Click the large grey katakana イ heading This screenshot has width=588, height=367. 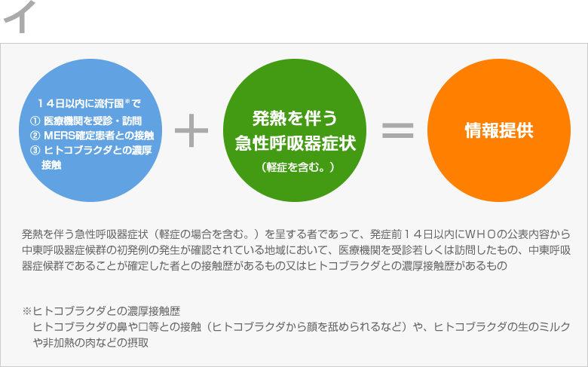[20, 17]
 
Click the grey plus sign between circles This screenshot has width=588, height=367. [191, 130]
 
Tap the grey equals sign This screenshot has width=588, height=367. [397, 130]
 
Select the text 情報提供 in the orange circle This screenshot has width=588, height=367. [499, 130]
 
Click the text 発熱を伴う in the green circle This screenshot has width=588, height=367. [295, 118]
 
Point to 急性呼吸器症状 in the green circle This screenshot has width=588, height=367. [295, 143]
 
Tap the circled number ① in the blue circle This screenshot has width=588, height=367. [35, 121]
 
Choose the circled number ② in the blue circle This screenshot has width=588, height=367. [35, 136]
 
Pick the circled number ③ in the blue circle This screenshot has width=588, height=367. [35, 150]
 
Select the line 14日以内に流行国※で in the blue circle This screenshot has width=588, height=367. [89, 103]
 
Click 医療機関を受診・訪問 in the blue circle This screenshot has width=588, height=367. [93, 121]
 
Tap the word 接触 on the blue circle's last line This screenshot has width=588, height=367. [51, 165]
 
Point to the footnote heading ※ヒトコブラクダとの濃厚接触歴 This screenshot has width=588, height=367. [101, 311]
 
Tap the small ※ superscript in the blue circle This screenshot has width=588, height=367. [127, 100]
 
